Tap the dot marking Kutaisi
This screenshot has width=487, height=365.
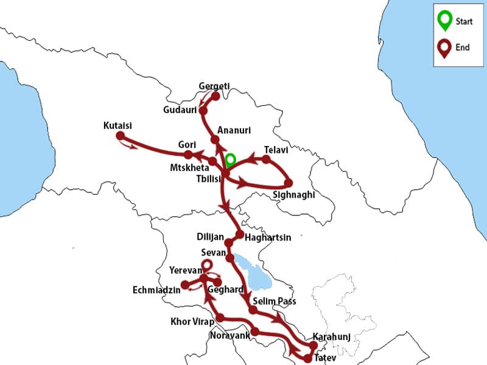[120, 135]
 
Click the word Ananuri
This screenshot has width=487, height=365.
[234, 130]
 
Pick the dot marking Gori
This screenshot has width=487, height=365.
[189, 155]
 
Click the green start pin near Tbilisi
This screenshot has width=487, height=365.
[230, 160]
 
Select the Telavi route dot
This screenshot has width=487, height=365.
[266, 159]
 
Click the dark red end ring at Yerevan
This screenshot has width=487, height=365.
[207, 265]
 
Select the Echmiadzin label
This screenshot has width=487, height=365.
[156, 290]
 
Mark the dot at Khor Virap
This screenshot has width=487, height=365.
[220, 318]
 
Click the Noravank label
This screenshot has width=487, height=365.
[229, 336]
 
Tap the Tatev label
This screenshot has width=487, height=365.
[324, 358]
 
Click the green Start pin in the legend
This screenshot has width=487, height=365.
[445, 20]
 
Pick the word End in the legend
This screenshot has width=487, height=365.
[463, 47]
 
